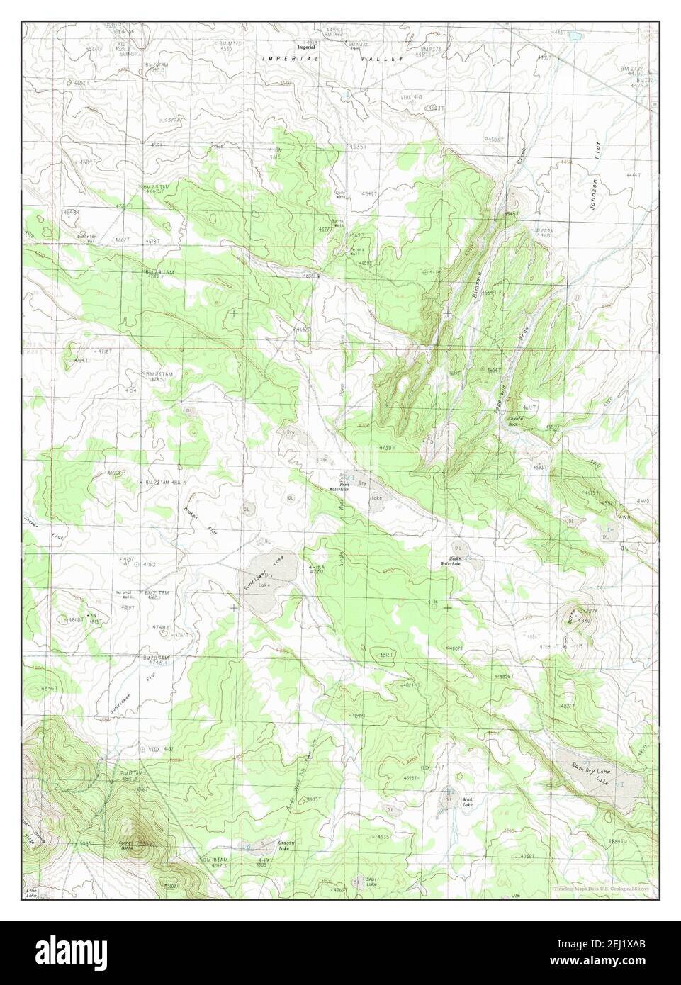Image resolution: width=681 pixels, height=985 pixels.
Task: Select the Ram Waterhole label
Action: click(x=338, y=487)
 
